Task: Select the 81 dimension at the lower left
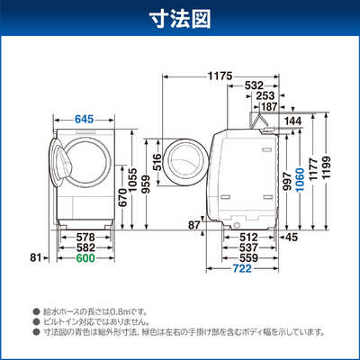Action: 36,257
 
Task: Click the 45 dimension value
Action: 291,238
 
